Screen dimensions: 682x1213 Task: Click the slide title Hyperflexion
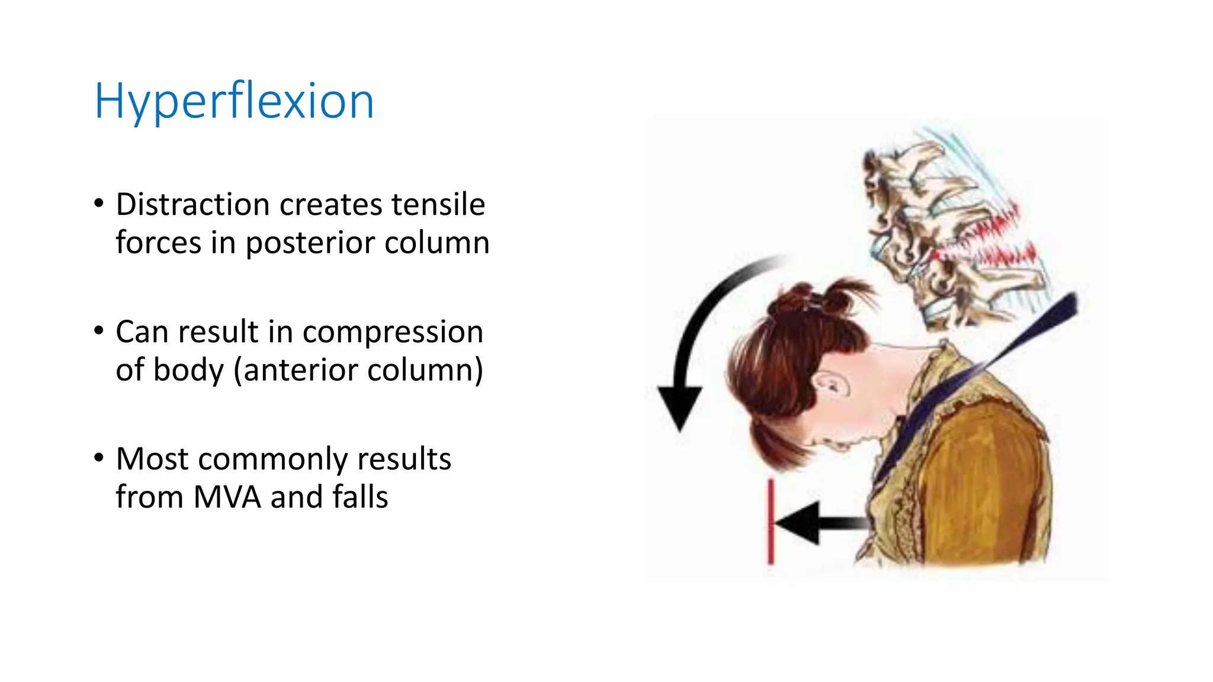coord(234,102)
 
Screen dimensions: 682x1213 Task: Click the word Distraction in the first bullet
coord(192,205)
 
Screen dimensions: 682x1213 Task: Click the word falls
coord(360,497)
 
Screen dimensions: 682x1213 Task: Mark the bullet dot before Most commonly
coord(99,458)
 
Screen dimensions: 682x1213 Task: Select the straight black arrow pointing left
coord(820,523)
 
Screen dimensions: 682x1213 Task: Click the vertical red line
coord(771,521)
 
